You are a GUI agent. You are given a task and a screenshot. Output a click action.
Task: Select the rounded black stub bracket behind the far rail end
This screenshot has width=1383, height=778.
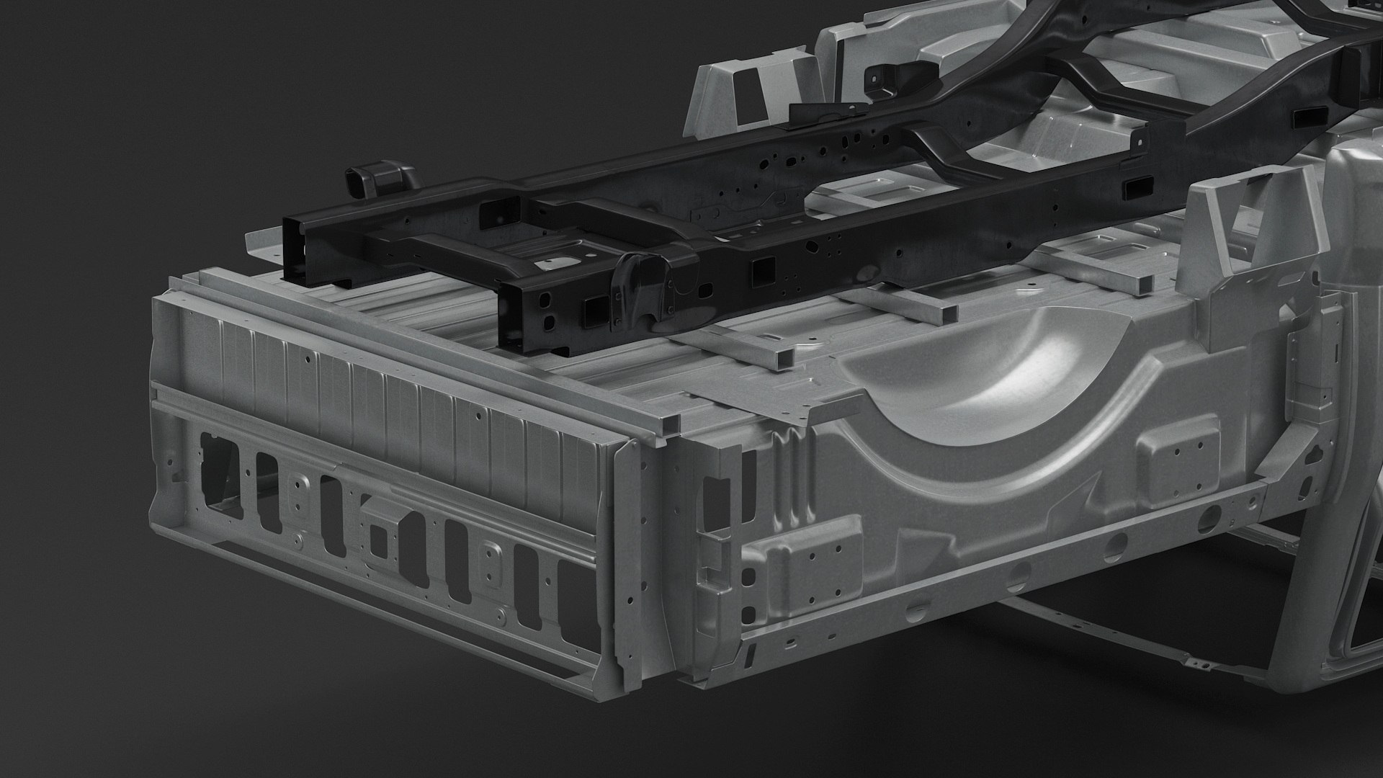(x=371, y=180)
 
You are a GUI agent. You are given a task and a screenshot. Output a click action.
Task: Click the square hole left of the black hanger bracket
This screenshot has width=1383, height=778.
(x=595, y=310)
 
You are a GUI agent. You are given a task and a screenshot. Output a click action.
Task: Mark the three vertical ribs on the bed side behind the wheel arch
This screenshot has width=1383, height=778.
(x=792, y=475)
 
